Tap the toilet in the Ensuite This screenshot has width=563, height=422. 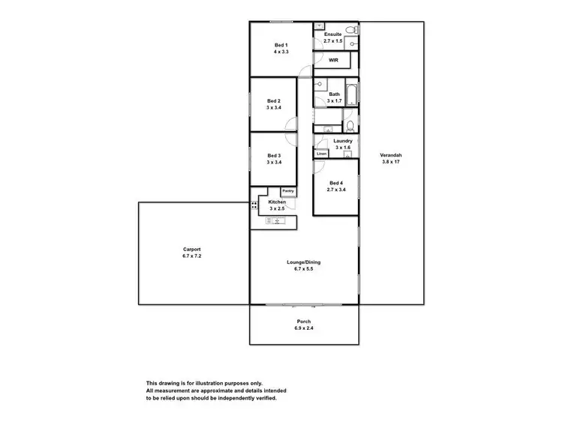click(x=352, y=44)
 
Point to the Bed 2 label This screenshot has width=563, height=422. click(x=274, y=101)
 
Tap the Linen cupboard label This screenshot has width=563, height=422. click(x=321, y=154)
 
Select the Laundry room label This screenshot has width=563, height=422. click(x=343, y=141)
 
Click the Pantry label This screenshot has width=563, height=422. click(x=288, y=191)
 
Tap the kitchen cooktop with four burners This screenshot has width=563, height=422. click(x=254, y=204)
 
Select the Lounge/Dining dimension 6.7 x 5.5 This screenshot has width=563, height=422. click(x=300, y=268)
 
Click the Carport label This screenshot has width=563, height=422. click(x=192, y=250)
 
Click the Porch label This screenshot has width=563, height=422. click(x=304, y=322)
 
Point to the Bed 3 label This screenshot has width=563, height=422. click(x=274, y=156)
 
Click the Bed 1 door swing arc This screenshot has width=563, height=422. click(x=306, y=71)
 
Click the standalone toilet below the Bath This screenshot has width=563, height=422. click(x=350, y=124)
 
